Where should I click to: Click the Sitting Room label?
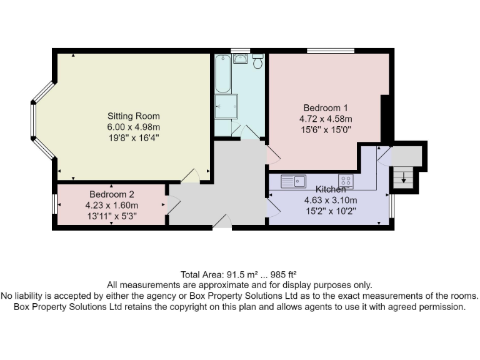133,116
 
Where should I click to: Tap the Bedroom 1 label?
326,107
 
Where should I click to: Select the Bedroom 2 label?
111,194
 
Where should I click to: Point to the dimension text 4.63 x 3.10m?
330,201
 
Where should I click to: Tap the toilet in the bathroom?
257,61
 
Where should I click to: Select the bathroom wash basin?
241,59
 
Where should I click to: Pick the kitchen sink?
292,181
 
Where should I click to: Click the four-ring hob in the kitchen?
346,181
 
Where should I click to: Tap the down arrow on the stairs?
404,179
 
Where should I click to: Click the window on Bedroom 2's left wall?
54,204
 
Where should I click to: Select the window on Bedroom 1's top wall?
330,50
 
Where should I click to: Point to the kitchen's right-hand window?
391,206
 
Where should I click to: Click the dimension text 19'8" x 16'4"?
133,137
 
